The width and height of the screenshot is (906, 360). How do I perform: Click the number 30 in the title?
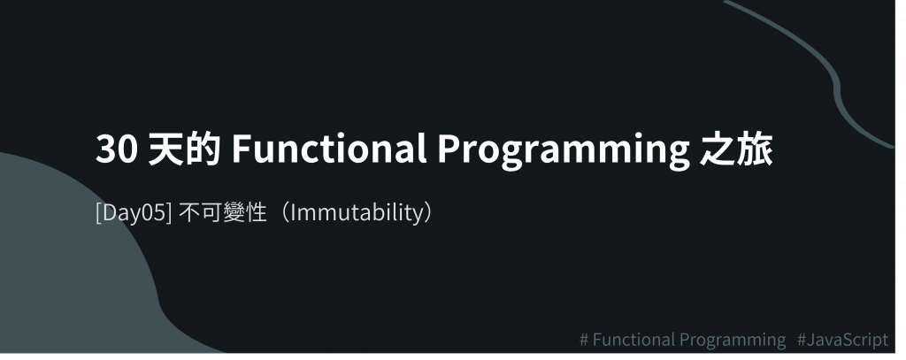(117, 149)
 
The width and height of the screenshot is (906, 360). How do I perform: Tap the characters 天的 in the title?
(184, 149)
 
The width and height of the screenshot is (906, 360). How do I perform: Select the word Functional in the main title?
(329, 149)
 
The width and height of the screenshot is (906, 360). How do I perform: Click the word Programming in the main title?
(564, 151)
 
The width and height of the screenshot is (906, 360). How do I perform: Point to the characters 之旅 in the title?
(736, 149)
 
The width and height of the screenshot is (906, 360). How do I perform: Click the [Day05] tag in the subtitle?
(134, 213)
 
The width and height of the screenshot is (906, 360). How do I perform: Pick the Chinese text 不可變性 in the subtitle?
(222, 212)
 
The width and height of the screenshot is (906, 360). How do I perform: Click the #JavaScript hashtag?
(842, 340)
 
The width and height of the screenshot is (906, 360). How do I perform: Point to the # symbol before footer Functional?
(585, 340)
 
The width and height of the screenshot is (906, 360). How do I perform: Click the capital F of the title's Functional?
(242, 149)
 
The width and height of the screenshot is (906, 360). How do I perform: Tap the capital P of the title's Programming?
(449, 149)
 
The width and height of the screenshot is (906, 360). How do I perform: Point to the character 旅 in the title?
(756, 149)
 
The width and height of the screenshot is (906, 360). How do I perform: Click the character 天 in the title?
(166, 149)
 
